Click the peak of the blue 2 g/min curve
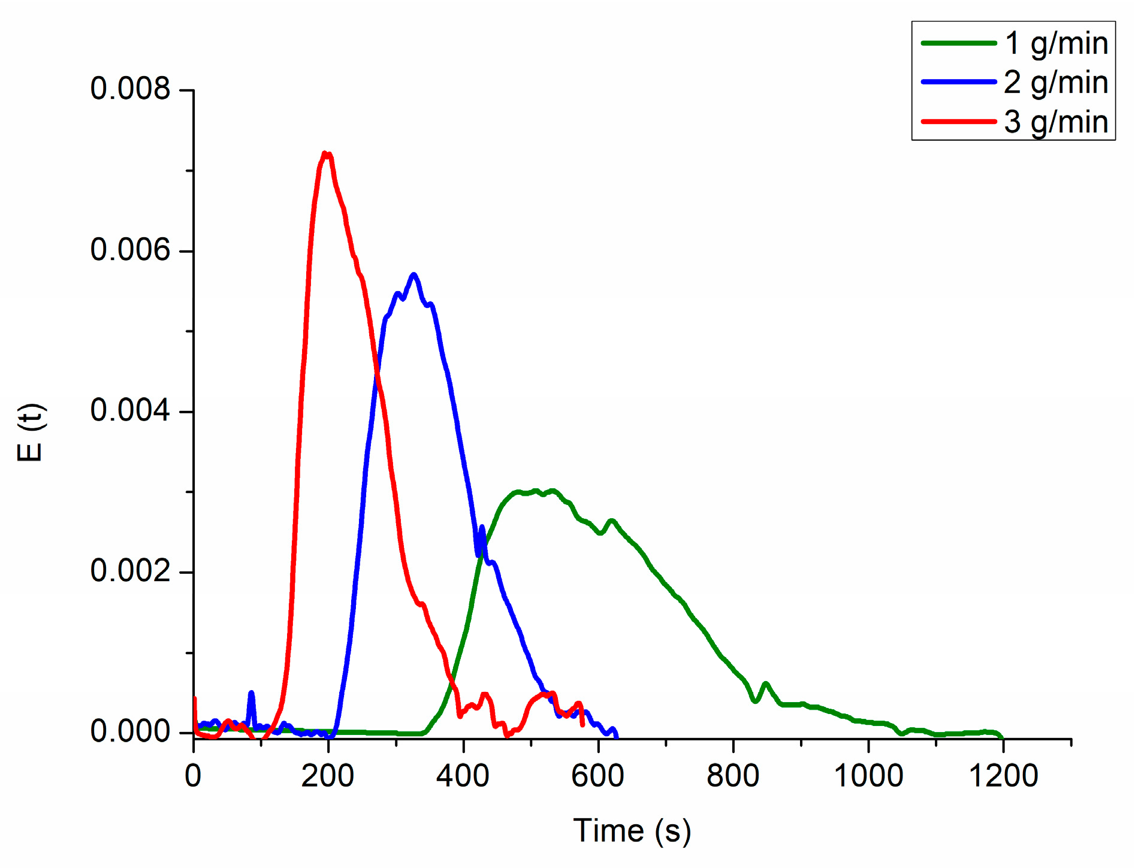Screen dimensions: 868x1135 tap(413, 275)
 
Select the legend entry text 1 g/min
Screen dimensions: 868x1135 tap(1056, 43)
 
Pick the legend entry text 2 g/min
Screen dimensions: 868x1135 tap(1056, 82)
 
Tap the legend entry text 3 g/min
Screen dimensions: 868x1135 tap(1056, 122)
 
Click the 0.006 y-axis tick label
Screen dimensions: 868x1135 tap(131, 250)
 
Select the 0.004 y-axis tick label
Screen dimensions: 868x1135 tap(131, 410)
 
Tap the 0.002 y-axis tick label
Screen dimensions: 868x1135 tap(131, 571)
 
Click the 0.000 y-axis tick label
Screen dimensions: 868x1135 tap(131, 731)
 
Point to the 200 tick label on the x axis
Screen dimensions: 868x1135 tap(328, 776)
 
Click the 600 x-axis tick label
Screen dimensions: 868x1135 tap(598, 776)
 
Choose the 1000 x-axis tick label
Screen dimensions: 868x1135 tap(868, 776)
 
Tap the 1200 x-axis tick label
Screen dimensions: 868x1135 tap(1003, 776)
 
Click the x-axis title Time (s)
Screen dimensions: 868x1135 tap(632, 831)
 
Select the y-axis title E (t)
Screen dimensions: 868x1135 tap(30, 433)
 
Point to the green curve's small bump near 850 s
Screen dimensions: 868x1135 tap(765, 684)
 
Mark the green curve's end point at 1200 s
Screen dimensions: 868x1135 tap(1001, 737)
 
